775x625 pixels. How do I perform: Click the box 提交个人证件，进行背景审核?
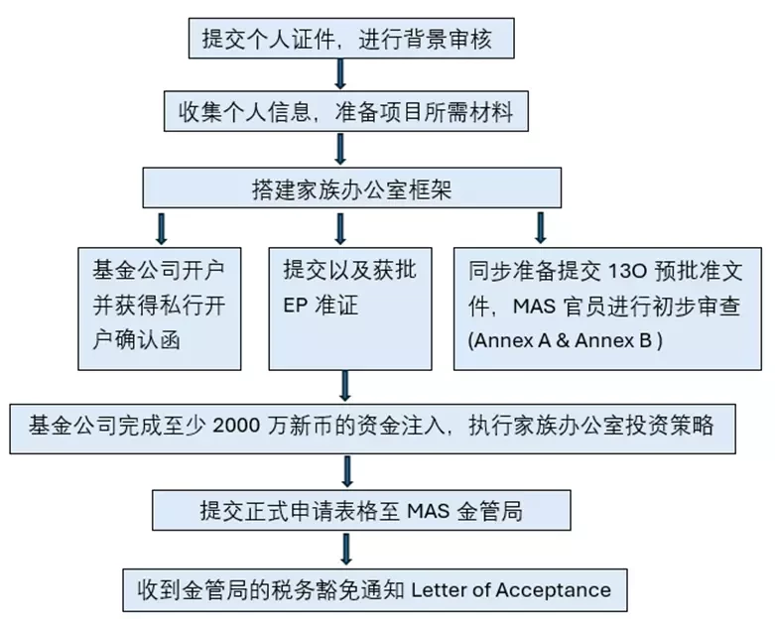click(x=351, y=39)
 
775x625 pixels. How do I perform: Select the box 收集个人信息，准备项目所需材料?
click(x=346, y=111)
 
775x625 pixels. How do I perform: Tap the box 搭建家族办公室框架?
click(x=352, y=187)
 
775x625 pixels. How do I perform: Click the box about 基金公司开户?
click(x=160, y=309)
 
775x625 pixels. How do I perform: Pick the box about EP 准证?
click(x=350, y=309)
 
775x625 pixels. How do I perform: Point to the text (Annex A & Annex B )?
click(x=566, y=340)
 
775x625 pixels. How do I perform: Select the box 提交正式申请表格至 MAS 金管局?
click(x=361, y=510)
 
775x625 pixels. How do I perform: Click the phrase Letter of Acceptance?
click(x=511, y=590)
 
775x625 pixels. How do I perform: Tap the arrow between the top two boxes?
click(x=340, y=74)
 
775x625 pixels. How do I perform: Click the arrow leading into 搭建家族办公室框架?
click(x=340, y=149)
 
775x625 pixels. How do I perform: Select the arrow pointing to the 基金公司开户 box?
click(x=161, y=229)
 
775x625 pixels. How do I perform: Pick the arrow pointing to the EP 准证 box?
click(x=340, y=229)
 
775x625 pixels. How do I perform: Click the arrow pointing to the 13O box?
click(x=540, y=228)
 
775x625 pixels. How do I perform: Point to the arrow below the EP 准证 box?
click(x=345, y=386)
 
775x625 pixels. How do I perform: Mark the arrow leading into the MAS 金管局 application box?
click(x=347, y=471)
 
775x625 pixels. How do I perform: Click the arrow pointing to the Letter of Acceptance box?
click(x=346, y=549)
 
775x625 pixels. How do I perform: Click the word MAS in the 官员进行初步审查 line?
click(x=534, y=307)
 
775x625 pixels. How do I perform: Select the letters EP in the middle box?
click(x=296, y=306)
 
